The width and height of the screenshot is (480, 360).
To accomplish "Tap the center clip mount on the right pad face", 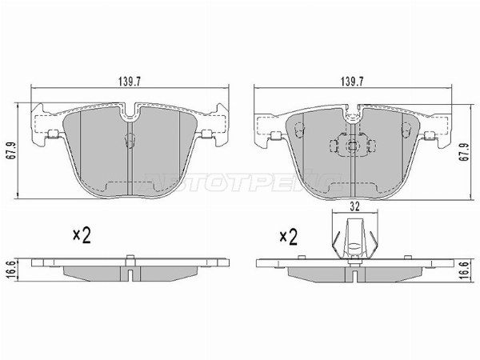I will (x=351, y=146).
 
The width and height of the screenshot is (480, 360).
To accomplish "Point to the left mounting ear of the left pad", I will (x=46, y=126).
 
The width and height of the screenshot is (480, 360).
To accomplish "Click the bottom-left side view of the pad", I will (x=128, y=268).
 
